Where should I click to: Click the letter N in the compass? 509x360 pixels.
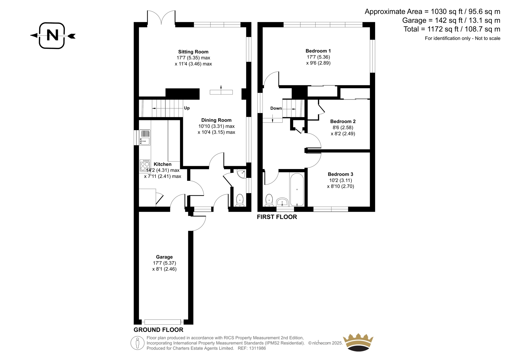point(52,35)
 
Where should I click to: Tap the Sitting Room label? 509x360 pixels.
point(193,52)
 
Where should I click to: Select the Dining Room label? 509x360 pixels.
point(216,120)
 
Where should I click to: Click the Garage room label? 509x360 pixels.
point(164,257)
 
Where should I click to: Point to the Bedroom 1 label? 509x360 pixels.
point(318,51)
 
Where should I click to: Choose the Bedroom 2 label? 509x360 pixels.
point(343,122)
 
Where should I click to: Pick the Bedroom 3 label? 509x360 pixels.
point(340,174)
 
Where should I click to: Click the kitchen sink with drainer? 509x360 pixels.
point(145,138)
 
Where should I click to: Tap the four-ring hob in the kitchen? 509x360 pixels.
point(145,165)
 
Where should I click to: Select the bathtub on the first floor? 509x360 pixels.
point(297,190)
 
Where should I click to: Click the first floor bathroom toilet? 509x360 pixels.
point(269,200)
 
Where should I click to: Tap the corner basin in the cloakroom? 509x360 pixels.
point(241,174)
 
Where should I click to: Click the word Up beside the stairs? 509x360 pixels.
point(187,108)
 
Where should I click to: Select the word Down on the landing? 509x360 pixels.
point(276,108)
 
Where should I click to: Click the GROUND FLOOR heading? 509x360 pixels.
point(158,330)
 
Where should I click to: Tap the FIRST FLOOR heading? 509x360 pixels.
point(277,217)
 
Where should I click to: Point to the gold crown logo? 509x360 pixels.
point(358,342)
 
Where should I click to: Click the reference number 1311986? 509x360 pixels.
point(257,348)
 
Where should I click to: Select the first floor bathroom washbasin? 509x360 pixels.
point(282,202)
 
